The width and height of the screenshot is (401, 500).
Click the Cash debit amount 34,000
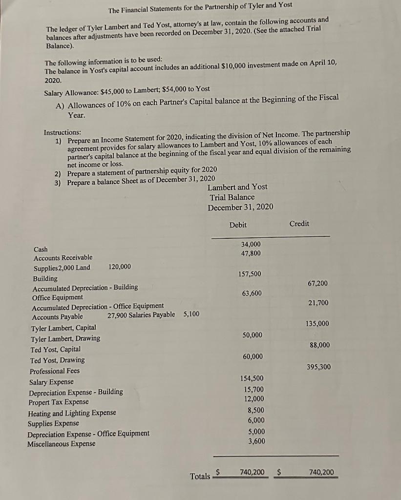point(251,244)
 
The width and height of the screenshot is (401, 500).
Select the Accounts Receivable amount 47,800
point(251,253)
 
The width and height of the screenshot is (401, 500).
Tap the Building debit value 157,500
point(250,274)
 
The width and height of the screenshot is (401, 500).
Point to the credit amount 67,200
point(318,283)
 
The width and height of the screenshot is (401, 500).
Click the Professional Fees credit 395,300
point(319,367)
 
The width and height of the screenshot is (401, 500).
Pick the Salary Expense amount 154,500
point(252,378)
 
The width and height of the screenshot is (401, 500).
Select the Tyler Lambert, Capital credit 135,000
point(317,324)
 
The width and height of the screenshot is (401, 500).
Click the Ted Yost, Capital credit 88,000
point(320,345)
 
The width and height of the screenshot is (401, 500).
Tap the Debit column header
point(238,225)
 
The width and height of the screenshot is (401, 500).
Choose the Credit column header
point(299,224)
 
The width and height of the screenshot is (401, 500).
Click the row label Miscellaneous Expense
point(61,444)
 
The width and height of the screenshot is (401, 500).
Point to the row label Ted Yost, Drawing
point(58,360)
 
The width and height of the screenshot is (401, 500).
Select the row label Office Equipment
point(58,297)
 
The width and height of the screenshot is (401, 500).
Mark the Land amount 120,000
point(120,267)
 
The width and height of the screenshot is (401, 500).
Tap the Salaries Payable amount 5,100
point(191,314)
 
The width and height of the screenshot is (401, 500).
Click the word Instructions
point(63,132)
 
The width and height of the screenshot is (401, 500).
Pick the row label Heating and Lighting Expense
point(72,413)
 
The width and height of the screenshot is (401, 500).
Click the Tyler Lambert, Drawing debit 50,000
point(252,335)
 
